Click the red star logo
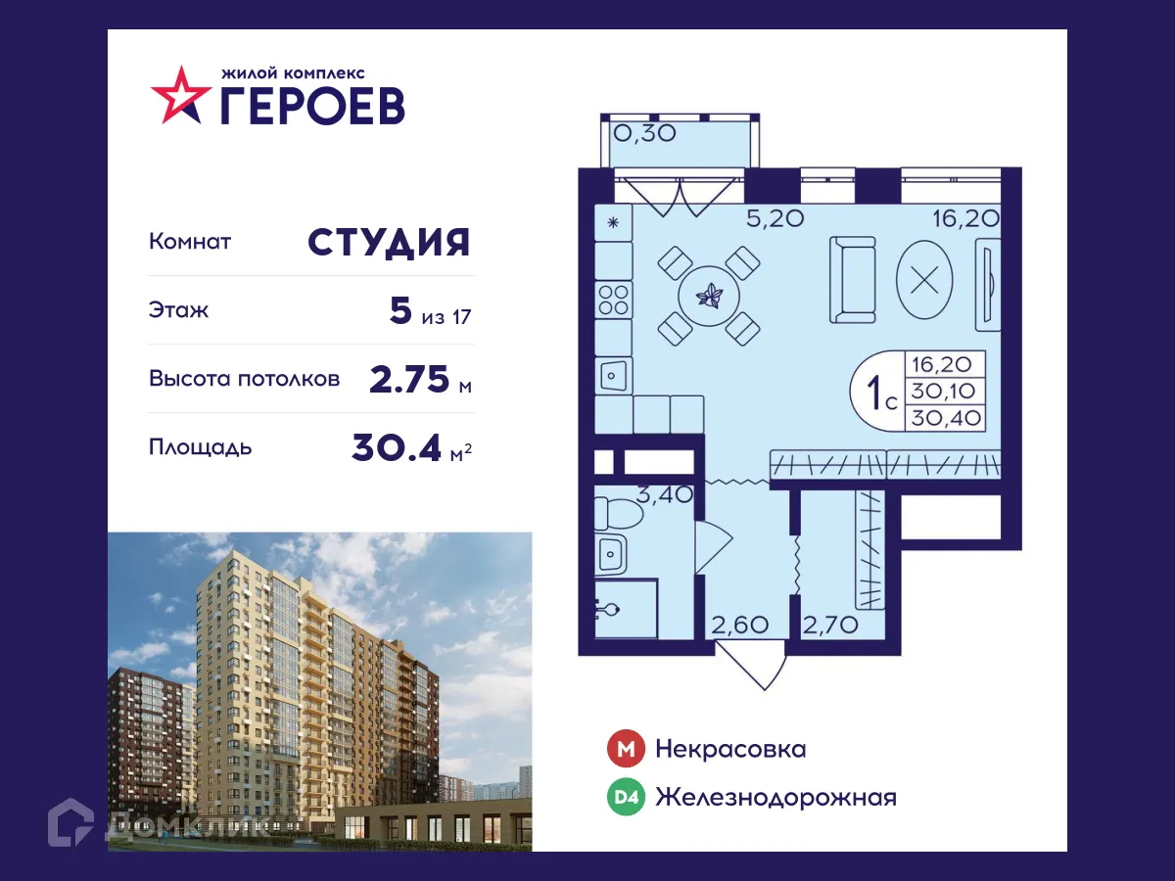pos(180,95)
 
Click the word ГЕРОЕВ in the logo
pos(312,106)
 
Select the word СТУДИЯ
pos(389,242)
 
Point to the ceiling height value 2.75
pos(410,379)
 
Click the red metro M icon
pos(625,750)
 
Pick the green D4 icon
pos(625,798)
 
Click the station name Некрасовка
pos(730,750)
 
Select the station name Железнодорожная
pos(775,798)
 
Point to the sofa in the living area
pos(853,279)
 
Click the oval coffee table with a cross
pos(924,279)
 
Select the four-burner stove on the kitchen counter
pos(614,299)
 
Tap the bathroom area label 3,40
pos(665,492)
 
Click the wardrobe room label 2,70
pos(829,624)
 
